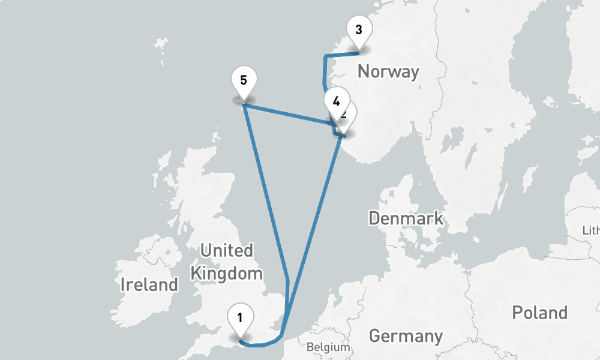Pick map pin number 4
tap(336, 101)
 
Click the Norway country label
tap(388, 72)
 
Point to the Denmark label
tap(406, 218)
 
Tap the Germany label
tap(406, 336)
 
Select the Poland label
tap(539, 313)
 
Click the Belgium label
tap(328, 347)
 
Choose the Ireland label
tap(149, 284)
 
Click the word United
tap(226, 250)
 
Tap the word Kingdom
tap(226, 274)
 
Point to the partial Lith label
tap(591, 231)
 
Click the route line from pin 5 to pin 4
tap(288, 115)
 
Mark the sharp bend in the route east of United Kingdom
tap(288, 280)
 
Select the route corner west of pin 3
tap(325, 56)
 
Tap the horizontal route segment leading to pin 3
tap(342, 53)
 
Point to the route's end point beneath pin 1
tap(240, 341)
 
